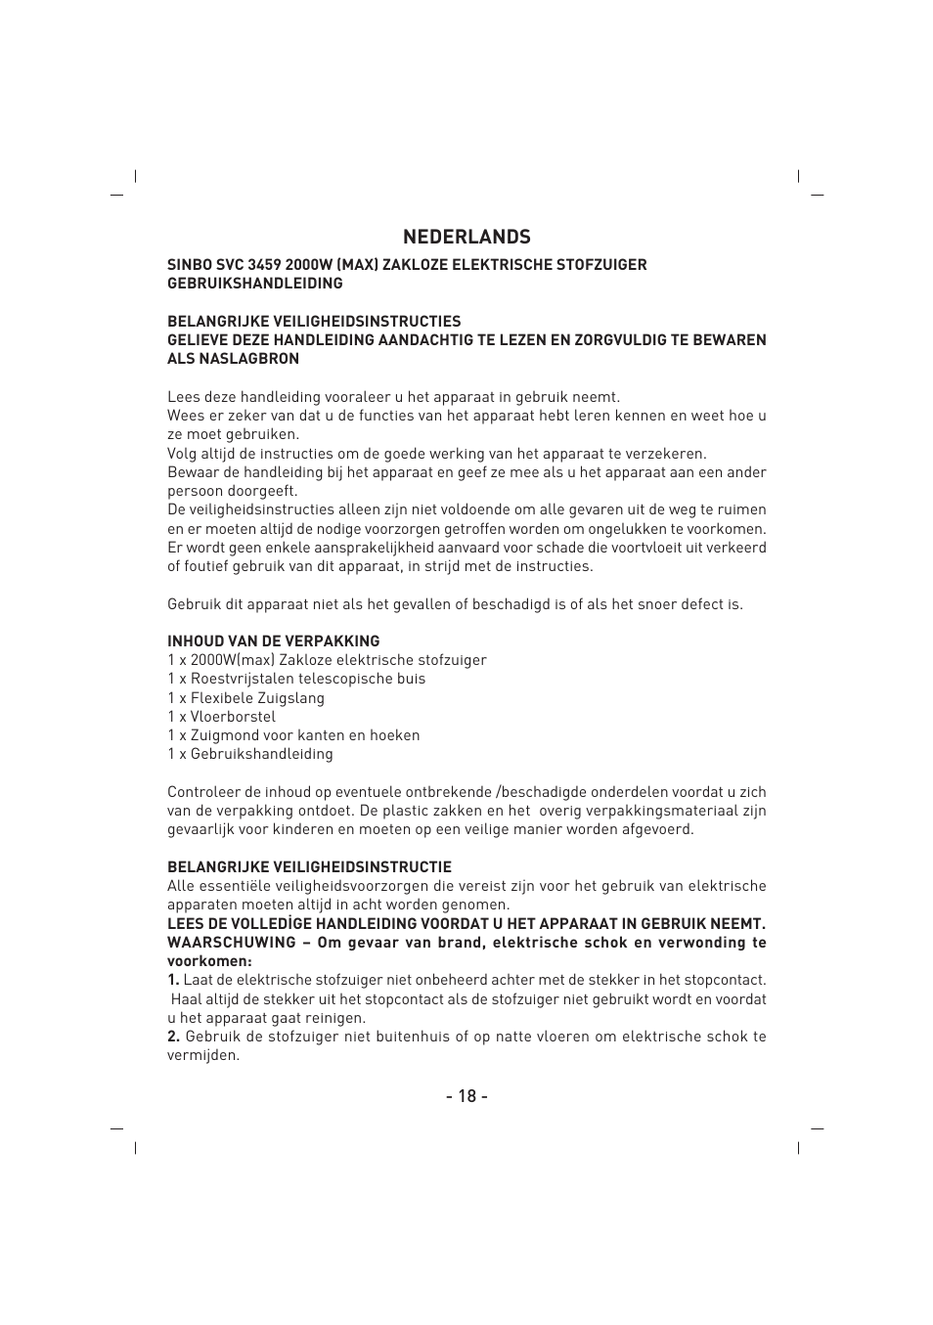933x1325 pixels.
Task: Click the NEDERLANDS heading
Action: pyautogui.click(x=466, y=237)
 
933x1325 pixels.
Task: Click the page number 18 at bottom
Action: pyautogui.click(x=466, y=1095)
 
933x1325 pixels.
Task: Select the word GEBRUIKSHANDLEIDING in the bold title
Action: pyautogui.click(x=254, y=284)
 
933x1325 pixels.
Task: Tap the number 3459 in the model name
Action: pyautogui.click(x=265, y=265)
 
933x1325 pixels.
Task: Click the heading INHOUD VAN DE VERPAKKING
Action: pyautogui.click(x=273, y=641)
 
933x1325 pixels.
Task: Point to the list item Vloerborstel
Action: pyautogui.click(x=233, y=717)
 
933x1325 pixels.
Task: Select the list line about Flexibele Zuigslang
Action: pyautogui.click(x=245, y=698)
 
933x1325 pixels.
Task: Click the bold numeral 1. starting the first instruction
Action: pyautogui.click(x=173, y=980)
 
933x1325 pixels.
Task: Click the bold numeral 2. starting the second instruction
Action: pyautogui.click(x=173, y=1037)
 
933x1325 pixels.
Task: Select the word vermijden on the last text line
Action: pyautogui.click(x=202, y=1056)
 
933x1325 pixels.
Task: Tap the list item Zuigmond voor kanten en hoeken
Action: pyautogui.click(x=304, y=735)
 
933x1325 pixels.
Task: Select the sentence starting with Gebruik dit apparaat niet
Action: pyautogui.click(x=455, y=604)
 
